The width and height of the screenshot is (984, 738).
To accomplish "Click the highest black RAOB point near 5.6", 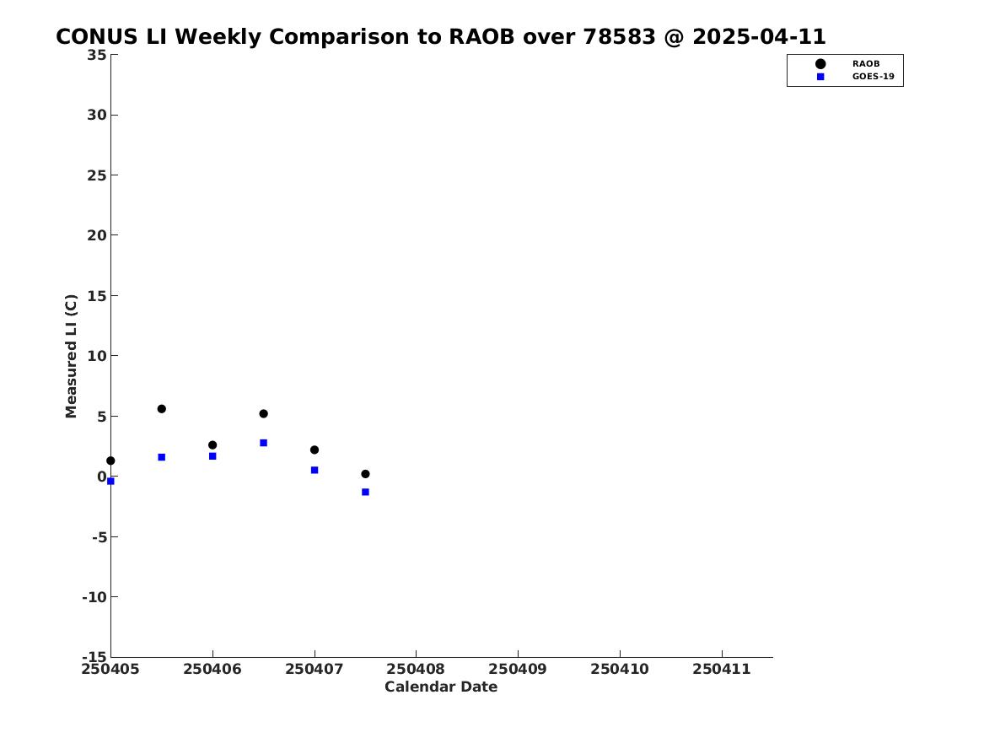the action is click(161, 408).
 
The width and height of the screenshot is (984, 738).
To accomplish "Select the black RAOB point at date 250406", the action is click(212, 445).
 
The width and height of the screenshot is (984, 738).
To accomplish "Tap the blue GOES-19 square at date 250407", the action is click(315, 470).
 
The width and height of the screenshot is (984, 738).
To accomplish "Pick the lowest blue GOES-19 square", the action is click(365, 492).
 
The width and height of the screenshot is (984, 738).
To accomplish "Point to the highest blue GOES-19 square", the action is click(264, 443).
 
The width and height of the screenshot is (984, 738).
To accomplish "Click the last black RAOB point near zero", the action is click(365, 474).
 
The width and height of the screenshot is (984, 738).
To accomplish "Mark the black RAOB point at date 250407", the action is click(315, 450).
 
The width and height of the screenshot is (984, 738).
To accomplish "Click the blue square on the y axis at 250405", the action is click(110, 482).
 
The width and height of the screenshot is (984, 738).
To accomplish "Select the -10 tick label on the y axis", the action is click(94, 597).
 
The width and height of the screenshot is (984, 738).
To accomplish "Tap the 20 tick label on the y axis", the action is click(97, 235).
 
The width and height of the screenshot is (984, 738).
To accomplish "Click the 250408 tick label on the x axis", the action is click(416, 670).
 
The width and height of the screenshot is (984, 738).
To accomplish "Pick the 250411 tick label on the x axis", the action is click(722, 670).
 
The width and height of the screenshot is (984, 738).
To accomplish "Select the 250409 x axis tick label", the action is click(518, 670).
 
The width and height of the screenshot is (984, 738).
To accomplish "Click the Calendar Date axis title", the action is click(441, 687).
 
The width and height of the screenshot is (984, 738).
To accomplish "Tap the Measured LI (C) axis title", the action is click(71, 356).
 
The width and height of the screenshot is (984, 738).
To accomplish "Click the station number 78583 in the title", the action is click(620, 37).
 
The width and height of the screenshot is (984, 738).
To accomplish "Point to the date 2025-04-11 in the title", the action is click(760, 37).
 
